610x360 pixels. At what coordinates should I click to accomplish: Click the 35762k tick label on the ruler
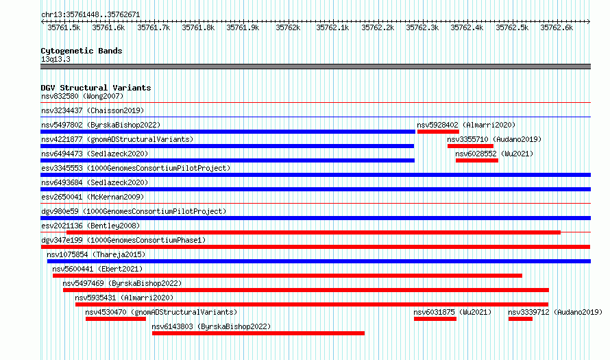click(x=288, y=28)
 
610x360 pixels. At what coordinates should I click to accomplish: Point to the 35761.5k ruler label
click(x=64, y=28)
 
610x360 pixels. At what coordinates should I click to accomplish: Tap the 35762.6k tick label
click(x=557, y=28)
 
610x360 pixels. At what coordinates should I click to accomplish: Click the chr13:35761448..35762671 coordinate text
click(x=90, y=15)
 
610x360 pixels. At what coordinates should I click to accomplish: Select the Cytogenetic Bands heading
click(x=82, y=51)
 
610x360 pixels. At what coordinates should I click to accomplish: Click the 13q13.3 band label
click(x=56, y=59)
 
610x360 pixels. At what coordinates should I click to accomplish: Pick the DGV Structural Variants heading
click(x=96, y=88)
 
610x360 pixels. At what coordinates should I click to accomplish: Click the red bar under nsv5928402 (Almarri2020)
click(x=438, y=132)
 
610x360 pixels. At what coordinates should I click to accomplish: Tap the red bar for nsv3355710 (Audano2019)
click(x=470, y=146)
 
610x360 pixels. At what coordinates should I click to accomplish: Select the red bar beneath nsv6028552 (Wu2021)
click(x=477, y=160)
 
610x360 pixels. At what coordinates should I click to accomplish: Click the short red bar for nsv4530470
click(x=116, y=319)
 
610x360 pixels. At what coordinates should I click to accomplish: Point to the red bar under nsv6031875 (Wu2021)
click(x=435, y=319)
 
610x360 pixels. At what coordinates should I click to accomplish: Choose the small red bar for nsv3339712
click(x=520, y=319)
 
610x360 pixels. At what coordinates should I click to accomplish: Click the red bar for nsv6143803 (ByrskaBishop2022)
click(x=258, y=333)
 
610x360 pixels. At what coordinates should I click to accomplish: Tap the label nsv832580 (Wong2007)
click(x=82, y=96)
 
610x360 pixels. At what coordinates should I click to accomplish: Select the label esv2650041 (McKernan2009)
click(x=93, y=197)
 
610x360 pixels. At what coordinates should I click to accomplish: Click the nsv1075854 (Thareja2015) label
click(x=96, y=254)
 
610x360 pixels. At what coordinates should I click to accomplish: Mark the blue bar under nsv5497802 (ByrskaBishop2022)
click(x=228, y=132)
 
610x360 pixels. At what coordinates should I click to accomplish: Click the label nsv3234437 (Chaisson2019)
click(x=93, y=110)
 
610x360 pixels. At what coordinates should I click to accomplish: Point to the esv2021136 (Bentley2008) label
click(x=90, y=226)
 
